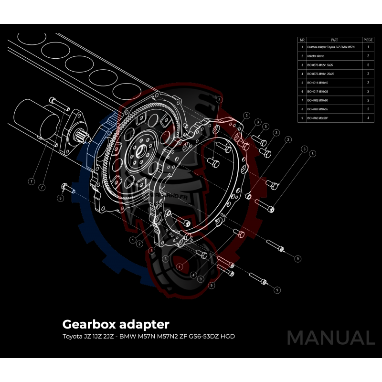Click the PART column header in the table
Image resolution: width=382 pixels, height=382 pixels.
click(x=334, y=40)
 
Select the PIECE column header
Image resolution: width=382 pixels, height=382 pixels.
click(x=368, y=40)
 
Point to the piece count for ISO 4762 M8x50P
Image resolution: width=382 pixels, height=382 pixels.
click(x=368, y=117)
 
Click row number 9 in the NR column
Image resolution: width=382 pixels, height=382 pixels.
click(x=302, y=117)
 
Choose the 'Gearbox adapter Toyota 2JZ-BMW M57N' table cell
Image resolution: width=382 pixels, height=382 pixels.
click(x=331, y=47)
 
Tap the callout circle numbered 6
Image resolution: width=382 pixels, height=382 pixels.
click(x=61, y=198)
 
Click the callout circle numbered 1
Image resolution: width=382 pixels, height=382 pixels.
click(x=132, y=240)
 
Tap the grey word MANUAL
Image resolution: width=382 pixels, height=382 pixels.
click(x=330, y=338)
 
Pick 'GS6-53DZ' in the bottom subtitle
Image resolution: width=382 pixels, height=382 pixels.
click(x=198, y=336)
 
